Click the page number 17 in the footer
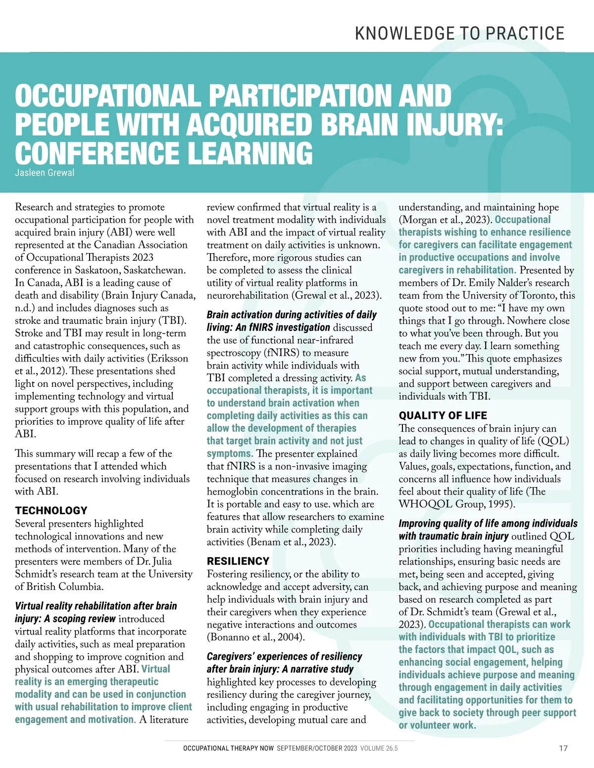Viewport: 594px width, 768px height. pos(563,748)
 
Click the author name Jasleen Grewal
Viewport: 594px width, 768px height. pos(45,173)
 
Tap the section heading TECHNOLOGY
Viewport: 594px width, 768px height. pos(51,510)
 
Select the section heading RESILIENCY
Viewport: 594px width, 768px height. pos(238,561)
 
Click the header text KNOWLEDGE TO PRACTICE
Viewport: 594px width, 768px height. pos(460,33)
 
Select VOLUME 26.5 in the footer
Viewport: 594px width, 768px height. pos(379,748)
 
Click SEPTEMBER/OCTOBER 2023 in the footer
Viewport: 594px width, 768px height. pos(317,748)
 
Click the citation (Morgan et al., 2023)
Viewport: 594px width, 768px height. pos(445,220)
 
